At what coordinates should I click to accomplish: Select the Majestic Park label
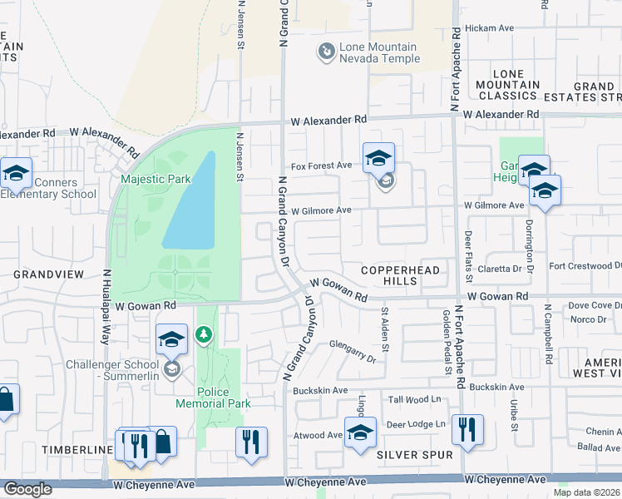click(155, 179)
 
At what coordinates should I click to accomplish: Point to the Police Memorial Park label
click(213, 398)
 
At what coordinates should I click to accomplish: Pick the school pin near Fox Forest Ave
click(378, 157)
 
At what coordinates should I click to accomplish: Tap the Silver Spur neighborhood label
click(415, 455)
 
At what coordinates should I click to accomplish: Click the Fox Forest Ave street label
click(320, 166)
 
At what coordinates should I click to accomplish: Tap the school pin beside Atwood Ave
click(361, 432)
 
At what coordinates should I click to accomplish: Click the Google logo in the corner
click(27, 489)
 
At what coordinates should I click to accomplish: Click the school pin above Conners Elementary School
click(16, 173)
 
